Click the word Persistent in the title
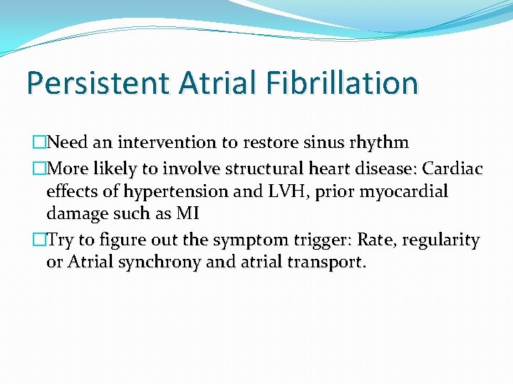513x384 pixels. (x=94, y=83)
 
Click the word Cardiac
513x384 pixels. (x=453, y=169)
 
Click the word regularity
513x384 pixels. (x=441, y=240)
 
